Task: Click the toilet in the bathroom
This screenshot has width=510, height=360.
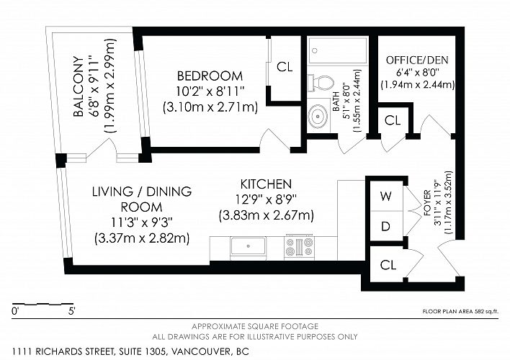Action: [x=321, y=83]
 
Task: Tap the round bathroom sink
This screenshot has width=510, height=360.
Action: [x=318, y=116]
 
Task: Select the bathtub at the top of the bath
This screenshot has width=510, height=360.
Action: [x=338, y=50]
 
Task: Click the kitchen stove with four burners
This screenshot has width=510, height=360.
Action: [x=299, y=247]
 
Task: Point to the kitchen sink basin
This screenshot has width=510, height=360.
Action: [x=249, y=247]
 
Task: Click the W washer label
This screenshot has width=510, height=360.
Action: [x=386, y=196]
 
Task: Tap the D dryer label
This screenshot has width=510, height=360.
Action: [x=385, y=226]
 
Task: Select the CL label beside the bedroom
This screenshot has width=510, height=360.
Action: [x=285, y=67]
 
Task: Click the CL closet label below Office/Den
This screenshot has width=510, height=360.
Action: [x=393, y=120]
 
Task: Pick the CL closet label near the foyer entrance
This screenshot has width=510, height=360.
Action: [x=388, y=265]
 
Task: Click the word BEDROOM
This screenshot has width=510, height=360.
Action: [x=210, y=76]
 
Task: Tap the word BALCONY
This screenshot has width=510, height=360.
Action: [x=79, y=86]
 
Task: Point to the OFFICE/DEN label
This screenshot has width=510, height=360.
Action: [x=417, y=60]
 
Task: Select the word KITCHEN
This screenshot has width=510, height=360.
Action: [x=266, y=184]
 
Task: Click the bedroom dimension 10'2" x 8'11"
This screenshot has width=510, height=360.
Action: [x=210, y=91]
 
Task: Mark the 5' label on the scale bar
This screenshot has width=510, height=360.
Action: [x=72, y=311]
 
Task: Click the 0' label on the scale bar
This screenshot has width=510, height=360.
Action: [x=15, y=311]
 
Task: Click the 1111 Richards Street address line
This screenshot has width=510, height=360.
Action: [x=130, y=351]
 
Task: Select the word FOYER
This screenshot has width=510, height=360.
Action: [x=427, y=203]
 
